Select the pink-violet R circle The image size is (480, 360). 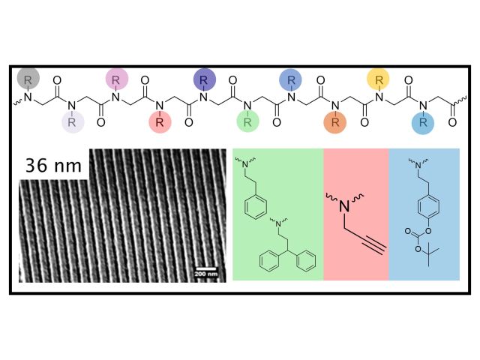(x=117, y=78)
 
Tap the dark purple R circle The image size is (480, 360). (x=205, y=78)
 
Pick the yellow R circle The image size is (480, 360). (x=379, y=78)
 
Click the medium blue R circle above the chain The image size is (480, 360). (x=291, y=78)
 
